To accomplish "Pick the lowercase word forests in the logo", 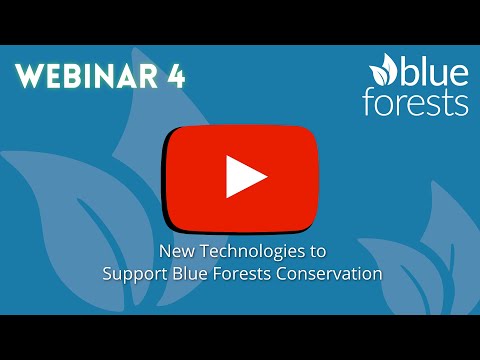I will pyautogui.click(x=416, y=103).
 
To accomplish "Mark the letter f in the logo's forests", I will pyautogui.click(x=369, y=102).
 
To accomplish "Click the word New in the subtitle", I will pyautogui.click(x=177, y=251).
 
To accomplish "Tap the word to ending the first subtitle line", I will pyautogui.click(x=318, y=251).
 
